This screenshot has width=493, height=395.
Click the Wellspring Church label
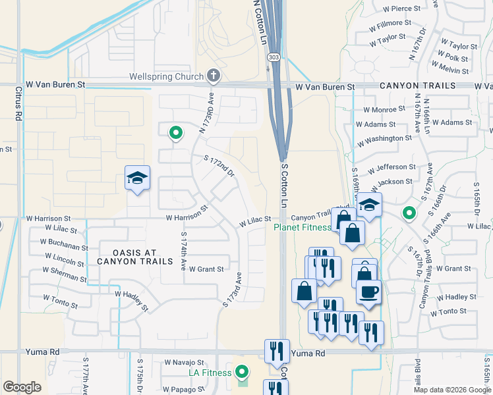[166, 77]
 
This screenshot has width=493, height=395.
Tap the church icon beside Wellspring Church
[213, 76]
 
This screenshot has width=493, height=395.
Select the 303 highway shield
[272, 59]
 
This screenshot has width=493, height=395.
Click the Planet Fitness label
[303, 228]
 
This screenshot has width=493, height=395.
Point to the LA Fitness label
[208, 373]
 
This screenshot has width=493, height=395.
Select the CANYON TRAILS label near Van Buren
[417, 86]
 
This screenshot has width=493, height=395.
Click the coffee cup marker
[368, 292]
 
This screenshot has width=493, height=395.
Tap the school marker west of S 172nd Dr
[137, 178]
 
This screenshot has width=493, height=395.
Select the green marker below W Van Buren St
[175, 133]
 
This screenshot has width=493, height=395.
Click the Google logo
[22, 387]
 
